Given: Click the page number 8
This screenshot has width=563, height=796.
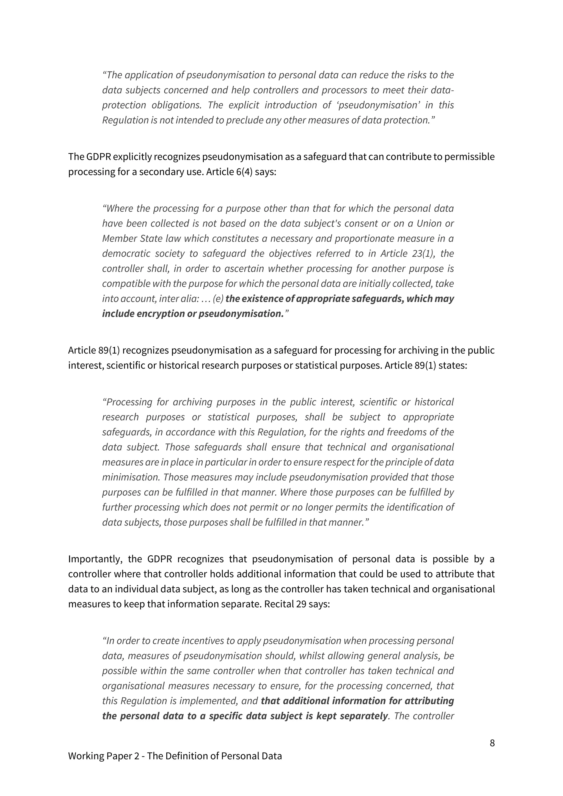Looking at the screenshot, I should coord(492,743).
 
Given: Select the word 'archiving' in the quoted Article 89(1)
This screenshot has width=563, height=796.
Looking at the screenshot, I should coord(192,402).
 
